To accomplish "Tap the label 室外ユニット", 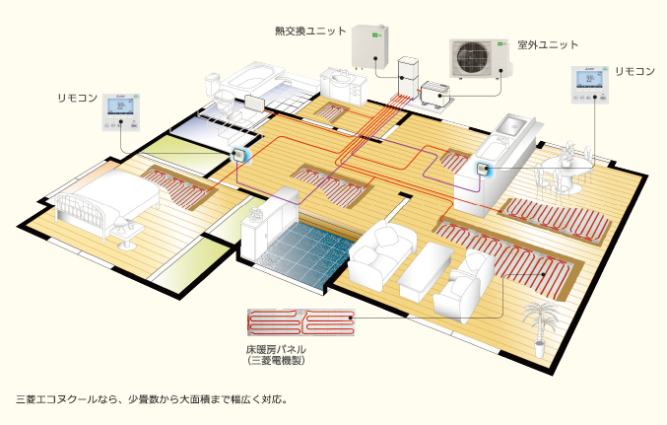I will pos(548,45).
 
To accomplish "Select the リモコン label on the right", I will pos(634,72).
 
